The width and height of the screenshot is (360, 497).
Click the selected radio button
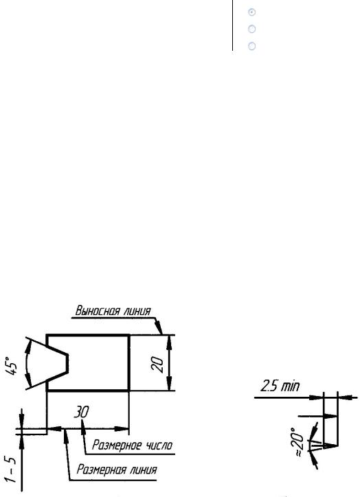click(x=252, y=12)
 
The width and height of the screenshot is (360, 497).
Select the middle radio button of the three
click(x=252, y=29)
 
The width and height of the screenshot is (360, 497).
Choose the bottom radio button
click(x=252, y=46)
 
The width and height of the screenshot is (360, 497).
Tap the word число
click(x=159, y=446)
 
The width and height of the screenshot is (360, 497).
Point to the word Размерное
click(x=117, y=446)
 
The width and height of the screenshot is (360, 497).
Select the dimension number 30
click(x=82, y=412)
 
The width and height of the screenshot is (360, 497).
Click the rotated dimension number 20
click(x=157, y=365)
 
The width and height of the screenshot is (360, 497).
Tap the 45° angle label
click(x=12, y=365)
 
